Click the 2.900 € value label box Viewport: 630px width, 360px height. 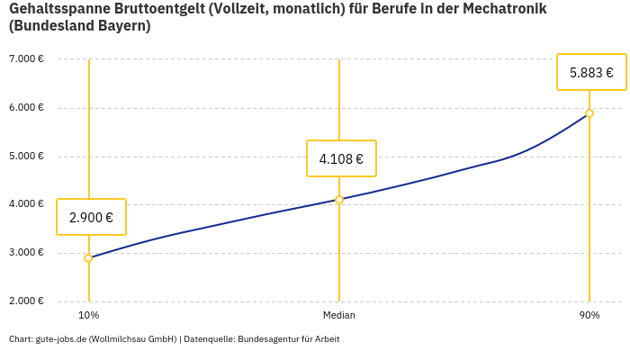click(91, 217)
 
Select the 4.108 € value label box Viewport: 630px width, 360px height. click(341, 159)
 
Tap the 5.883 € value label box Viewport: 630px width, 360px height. click(591, 73)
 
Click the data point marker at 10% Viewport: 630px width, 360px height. click(88, 258)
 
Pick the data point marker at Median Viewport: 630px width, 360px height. click(339, 200)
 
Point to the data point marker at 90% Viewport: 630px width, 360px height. click(589, 113)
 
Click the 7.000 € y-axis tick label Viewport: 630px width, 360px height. click(26, 59)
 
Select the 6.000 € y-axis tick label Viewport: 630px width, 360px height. click(26, 108)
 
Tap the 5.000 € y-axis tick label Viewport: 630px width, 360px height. click(26, 156)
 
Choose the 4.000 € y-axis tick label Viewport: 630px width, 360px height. click(26, 204)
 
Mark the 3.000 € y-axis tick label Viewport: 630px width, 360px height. click(26, 253)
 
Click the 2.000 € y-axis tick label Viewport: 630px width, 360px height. click(26, 301)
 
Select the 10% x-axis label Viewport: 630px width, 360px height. click(88, 316)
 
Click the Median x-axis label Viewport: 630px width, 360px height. click(339, 316)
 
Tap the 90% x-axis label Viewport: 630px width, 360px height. click(589, 316)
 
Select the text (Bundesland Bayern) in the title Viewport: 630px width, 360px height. click(80, 27)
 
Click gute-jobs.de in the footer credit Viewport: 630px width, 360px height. click(60, 339)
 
